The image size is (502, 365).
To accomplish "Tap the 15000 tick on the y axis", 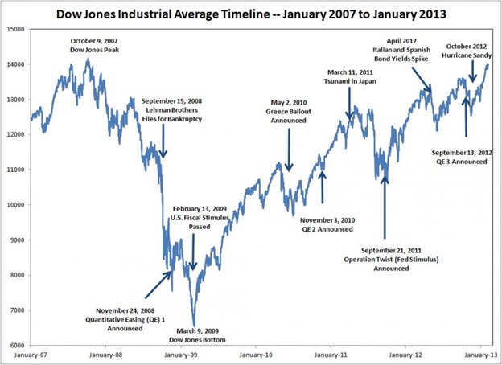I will coord(15,29).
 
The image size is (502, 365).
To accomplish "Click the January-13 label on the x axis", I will coord(480,355).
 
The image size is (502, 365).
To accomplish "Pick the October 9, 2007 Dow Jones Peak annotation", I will coord(93,45).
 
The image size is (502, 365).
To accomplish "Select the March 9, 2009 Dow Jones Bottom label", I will coord(196,334).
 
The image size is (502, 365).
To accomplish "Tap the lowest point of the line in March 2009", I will coord(194,326).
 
